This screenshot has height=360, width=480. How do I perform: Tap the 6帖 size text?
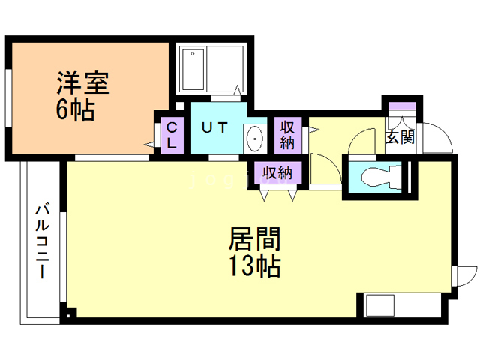point(75,110)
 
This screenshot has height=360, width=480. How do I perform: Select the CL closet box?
point(172,134)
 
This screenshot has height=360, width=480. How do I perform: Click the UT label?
point(216,127)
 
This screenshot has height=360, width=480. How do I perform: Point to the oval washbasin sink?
point(255,139)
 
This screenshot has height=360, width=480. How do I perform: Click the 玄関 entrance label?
point(400,137)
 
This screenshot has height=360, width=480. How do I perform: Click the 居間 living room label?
point(254,240)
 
